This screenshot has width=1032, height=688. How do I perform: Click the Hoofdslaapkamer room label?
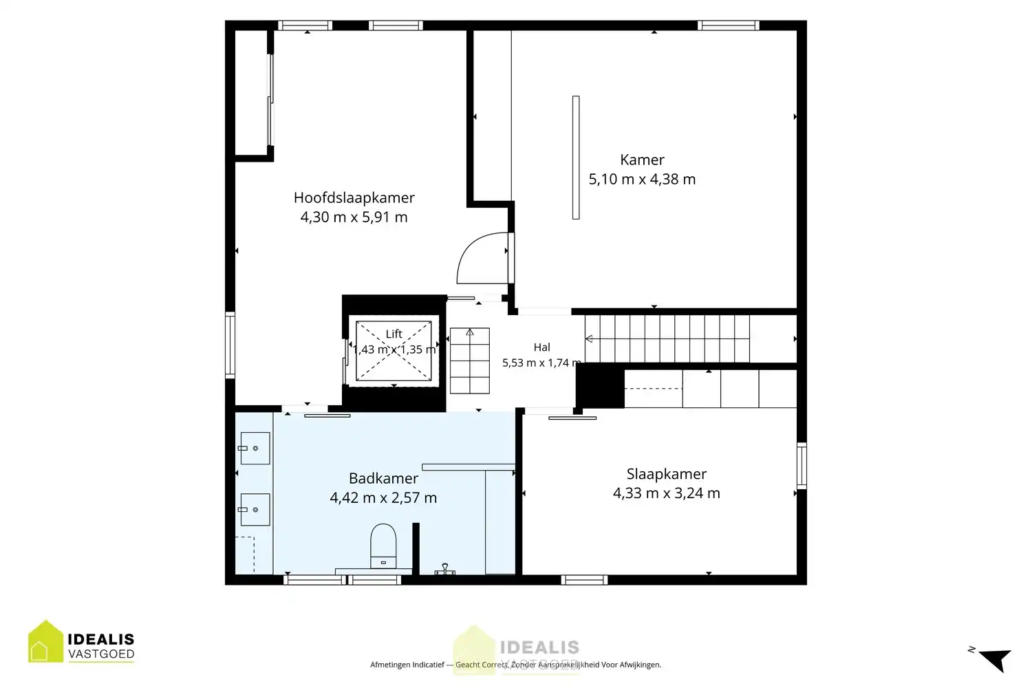pos(354,197)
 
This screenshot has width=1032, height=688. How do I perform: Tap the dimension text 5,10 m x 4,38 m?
pos(642,179)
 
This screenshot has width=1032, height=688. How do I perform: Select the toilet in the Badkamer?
pos(383,546)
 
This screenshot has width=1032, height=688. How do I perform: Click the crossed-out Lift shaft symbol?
pos(394,351)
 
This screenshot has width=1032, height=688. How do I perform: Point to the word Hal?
pos(542,347)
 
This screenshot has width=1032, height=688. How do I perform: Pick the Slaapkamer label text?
pos(666,474)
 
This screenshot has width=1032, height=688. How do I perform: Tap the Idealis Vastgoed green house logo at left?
pos(45,641)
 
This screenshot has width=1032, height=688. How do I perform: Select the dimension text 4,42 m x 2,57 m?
pos(383,497)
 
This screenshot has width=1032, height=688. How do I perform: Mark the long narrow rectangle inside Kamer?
pos(576,158)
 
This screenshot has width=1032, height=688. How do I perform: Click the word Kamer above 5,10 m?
pos(642,160)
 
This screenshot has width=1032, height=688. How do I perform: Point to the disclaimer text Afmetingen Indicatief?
pos(407,665)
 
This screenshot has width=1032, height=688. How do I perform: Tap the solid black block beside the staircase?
pos(601,385)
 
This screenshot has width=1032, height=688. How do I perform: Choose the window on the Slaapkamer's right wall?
pos(802,465)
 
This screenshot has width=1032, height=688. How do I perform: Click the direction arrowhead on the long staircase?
pos(589,339)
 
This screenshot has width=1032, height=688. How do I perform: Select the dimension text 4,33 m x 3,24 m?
pos(666,493)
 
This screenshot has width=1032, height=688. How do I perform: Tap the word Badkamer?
pos(383,478)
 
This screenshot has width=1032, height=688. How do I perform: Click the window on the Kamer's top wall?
pos(728,25)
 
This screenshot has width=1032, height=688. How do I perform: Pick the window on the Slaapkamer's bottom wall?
pos(584,580)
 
